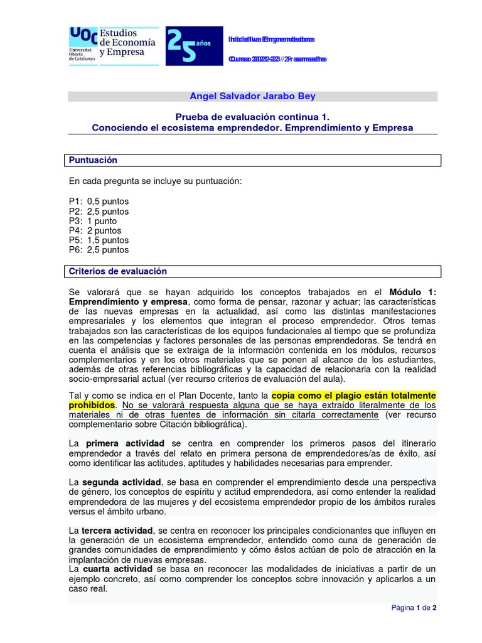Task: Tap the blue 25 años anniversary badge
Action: [x=193, y=46]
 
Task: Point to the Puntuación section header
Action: [x=94, y=160]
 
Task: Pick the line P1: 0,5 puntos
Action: [x=99, y=202]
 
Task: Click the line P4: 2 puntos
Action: [x=95, y=230]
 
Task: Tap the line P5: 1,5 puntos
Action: [x=99, y=240]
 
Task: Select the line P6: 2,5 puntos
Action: [x=99, y=249]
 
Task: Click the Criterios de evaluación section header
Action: [x=118, y=271]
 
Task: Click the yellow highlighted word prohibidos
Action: [x=92, y=405]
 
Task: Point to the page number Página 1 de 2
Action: [x=414, y=608]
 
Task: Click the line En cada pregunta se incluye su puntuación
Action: [x=155, y=181]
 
